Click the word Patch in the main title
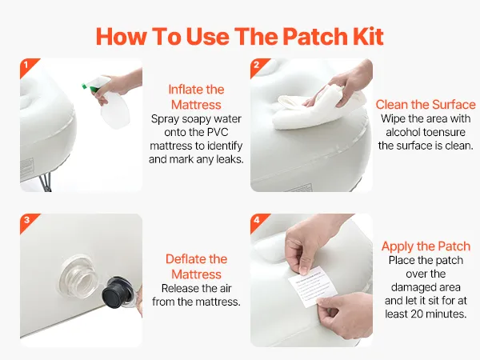(315, 37)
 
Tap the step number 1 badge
(26, 66)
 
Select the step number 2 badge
(257, 66)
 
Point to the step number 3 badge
(26, 221)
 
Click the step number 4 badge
(257, 221)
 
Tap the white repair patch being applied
(313, 286)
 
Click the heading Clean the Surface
(426, 104)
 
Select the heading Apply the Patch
(426, 246)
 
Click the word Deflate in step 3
(186, 259)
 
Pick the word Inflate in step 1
(186, 90)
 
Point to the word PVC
(218, 132)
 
